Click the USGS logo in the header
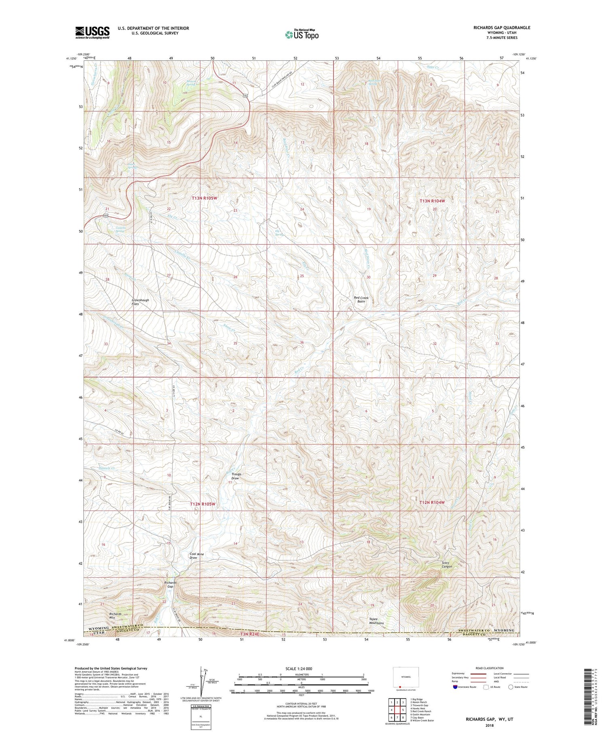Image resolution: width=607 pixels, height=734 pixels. click(x=92, y=32)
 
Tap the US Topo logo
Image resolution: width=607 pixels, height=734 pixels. click(x=301, y=35)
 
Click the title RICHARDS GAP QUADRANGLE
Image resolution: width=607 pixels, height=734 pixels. click(x=502, y=28)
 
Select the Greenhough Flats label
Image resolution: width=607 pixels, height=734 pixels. click(x=140, y=302)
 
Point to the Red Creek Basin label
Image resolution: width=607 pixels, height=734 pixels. click(x=362, y=299)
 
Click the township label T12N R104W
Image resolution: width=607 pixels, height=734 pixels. click(x=432, y=502)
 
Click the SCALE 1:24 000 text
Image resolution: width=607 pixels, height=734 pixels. click(x=301, y=668)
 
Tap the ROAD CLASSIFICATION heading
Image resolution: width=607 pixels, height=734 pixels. click(x=489, y=668)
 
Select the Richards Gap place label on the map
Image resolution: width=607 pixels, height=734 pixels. click(x=170, y=585)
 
